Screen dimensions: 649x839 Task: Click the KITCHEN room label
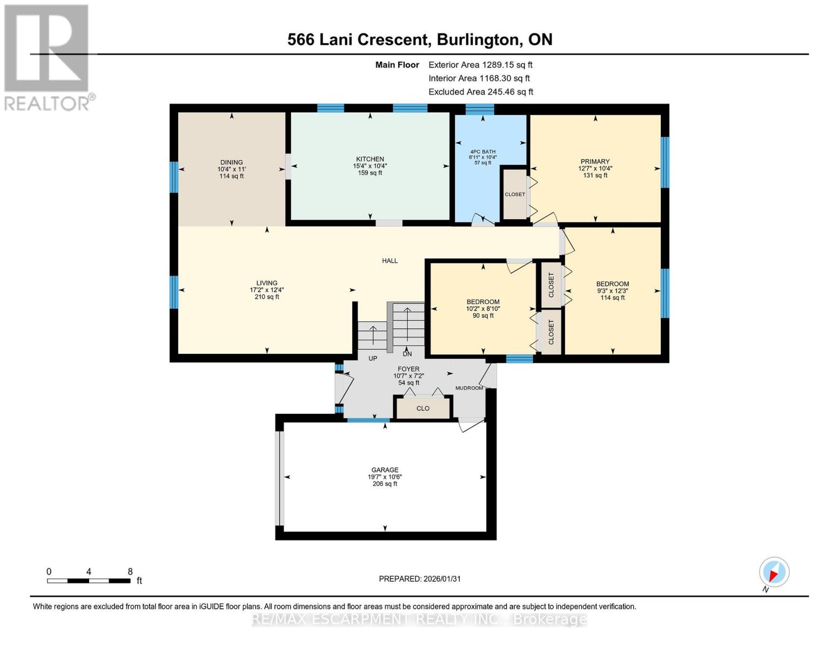[370, 159]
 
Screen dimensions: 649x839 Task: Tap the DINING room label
[231, 162]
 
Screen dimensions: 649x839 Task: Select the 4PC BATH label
[482, 151]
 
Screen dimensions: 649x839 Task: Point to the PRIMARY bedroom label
[595, 161]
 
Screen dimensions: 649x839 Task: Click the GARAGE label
[385, 470]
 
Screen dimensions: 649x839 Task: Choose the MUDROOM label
[469, 388]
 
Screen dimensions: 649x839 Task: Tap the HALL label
[390, 261]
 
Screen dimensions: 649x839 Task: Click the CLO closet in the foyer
[423, 408]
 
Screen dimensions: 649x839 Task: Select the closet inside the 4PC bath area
[515, 194]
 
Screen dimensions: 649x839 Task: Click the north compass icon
[774, 572]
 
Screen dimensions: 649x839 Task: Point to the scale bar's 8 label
[130, 572]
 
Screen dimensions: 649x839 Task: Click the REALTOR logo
[48, 57]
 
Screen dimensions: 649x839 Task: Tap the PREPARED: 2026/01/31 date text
[420, 579]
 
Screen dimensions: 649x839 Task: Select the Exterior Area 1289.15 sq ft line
[480, 64]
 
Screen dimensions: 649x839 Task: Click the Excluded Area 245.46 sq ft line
[481, 92]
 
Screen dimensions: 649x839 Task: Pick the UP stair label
[373, 358]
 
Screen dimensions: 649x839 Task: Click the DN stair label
[407, 354]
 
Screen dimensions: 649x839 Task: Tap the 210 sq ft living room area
[267, 296]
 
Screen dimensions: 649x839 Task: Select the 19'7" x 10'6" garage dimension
[385, 477]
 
